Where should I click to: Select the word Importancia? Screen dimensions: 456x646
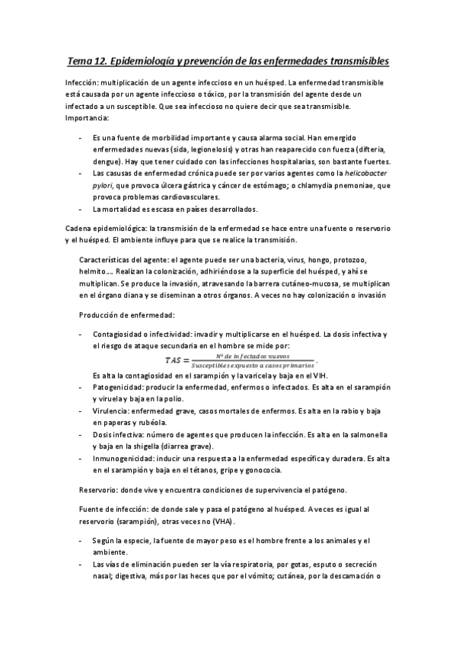[88, 118]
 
